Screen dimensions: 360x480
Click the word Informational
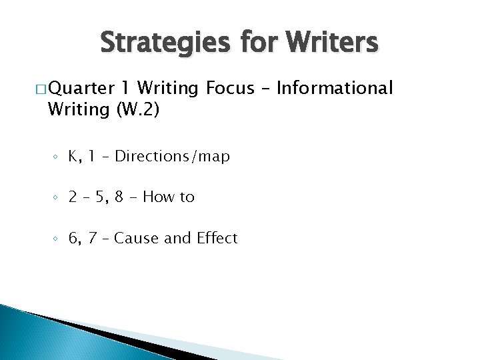pos(340,88)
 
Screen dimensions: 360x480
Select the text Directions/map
pos(172,157)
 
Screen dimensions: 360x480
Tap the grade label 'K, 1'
pos(81,157)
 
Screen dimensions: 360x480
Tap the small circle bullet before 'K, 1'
pos(57,158)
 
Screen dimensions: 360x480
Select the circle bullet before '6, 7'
pos(57,239)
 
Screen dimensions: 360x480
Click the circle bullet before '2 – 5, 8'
pos(57,199)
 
